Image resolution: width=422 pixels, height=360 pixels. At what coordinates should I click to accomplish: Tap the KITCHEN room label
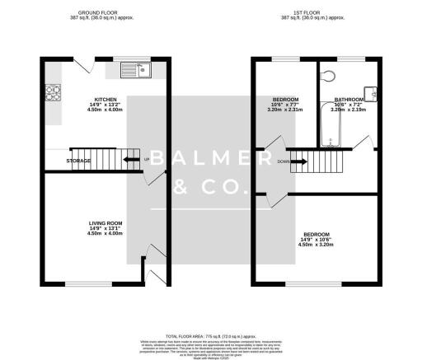105,100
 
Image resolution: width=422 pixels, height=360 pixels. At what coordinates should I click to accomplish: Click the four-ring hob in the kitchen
53,91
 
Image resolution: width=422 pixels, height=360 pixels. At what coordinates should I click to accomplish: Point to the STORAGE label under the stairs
79,161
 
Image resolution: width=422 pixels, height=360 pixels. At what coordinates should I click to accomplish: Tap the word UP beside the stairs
148,160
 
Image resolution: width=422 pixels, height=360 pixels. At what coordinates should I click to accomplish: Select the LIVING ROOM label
105,223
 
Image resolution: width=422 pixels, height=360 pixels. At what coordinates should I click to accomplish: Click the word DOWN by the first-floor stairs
282,161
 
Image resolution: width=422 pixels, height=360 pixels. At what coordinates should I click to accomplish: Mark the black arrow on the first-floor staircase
299,161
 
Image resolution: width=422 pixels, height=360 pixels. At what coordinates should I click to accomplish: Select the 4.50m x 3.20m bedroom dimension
316,244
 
